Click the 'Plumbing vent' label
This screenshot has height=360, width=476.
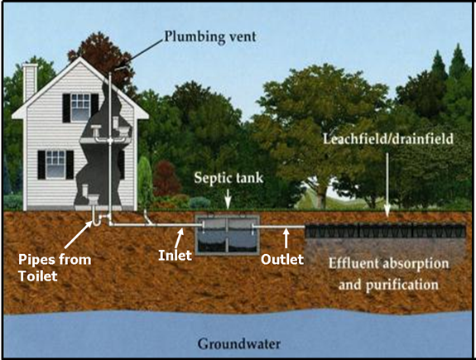pyautogui.click(x=210, y=36)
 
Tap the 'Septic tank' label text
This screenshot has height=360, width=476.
pyautogui.click(x=228, y=178)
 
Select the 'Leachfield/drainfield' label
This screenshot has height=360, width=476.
pyautogui.click(x=388, y=139)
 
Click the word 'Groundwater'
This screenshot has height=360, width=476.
pyautogui.click(x=239, y=344)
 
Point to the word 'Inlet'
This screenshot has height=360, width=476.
pyautogui.click(x=175, y=255)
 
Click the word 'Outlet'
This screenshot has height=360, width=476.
pyautogui.click(x=282, y=259)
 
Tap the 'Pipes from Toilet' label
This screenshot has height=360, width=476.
pyautogui.click(x=55, y=267)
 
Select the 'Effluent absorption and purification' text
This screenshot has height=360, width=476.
pyautogui.click(x=388, y=274)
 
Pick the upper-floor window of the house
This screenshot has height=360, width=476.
pyautogui.click(x=80, y=108)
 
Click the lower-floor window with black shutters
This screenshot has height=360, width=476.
pyautogui.click(x=55, y=165)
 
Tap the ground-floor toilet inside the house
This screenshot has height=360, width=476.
pyautogui.click(x=91, y=196)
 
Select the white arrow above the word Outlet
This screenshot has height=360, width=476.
pyautogui.click(x=286, y=238)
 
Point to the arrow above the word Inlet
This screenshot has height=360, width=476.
pyautogui.click(x=179, y=239)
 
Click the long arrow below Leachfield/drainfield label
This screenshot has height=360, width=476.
pyautogui.click(x=387, y=185)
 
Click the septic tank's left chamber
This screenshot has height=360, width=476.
pyautogui.click(x=211, y=235)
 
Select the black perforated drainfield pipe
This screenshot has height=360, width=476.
pyautogui.click(x=385, y=231)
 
